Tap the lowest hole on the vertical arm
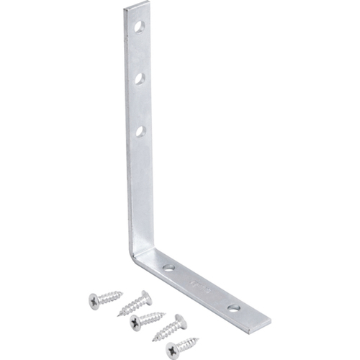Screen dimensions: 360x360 (x=140, y=131)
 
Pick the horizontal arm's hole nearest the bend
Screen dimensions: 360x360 (x=168, y=267)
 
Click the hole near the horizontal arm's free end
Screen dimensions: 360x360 (x=234, y=308)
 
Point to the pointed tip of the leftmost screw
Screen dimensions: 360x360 (x=123, y=292)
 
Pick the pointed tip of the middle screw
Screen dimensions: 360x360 (x=166, y=313)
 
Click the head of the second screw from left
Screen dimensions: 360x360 (x=147, y=297)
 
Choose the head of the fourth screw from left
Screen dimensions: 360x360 (x=181, y=320)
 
